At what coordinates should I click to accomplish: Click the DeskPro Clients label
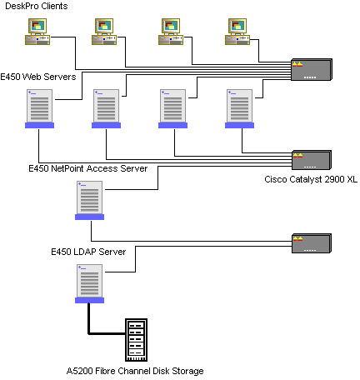click(37, 6)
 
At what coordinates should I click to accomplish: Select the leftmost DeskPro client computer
click(37, 32)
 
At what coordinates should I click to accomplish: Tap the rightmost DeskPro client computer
click(237, 32)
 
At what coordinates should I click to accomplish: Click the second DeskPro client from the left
click(104, 32)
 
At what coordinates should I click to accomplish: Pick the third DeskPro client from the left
click(171, 32)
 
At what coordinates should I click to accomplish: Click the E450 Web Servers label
click(38, 77)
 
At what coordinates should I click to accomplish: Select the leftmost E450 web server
click(39, 108)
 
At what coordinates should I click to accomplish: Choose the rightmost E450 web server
click(239, 108)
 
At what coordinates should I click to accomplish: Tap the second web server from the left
click(106, 108)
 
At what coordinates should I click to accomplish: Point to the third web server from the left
click(172, 108)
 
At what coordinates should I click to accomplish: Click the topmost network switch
click(312, 70)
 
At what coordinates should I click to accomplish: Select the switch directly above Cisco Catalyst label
click(312, 160)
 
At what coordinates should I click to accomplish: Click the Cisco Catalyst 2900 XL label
click(311, 179)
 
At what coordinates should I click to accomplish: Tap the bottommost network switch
click(312, 243)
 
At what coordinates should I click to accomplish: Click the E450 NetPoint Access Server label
click(88, 168)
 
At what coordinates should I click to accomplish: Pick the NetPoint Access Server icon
click(89, 200)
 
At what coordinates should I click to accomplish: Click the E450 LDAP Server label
click(88, 252)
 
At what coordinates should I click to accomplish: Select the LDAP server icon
click(89, 283)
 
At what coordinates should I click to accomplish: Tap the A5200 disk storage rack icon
click(136, 340)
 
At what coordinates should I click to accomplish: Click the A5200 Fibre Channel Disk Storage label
click(135, 371)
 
